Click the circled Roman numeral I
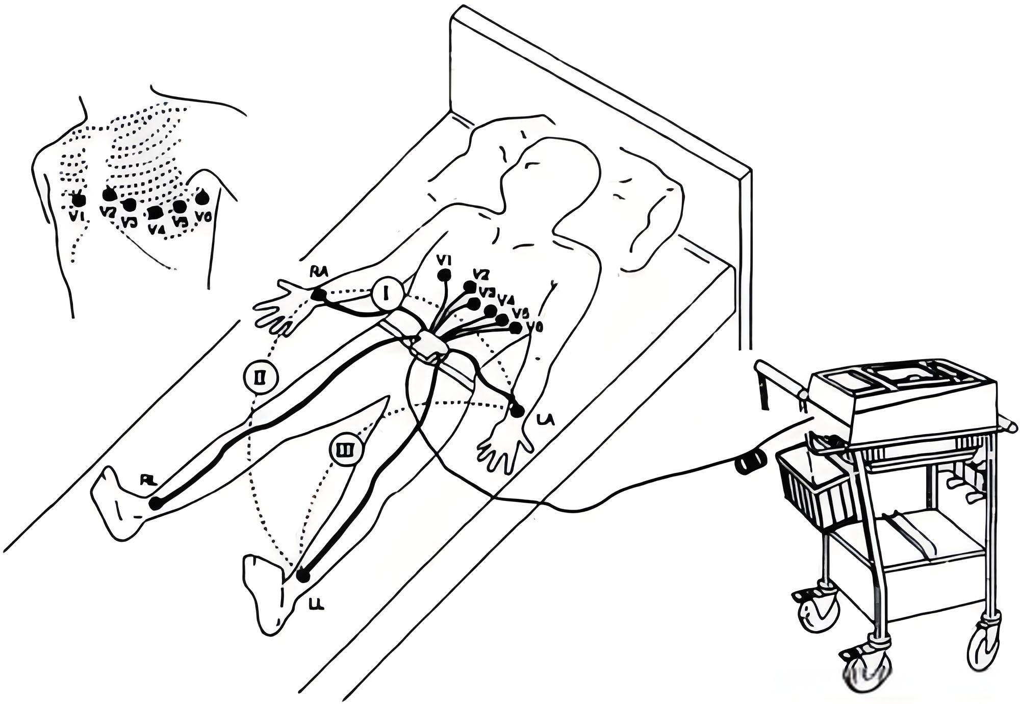point(387,294)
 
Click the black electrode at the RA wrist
point(318,294)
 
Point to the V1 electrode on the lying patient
point(445,275)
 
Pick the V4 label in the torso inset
point(156,229)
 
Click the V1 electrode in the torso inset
point(78,198)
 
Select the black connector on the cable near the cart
point(750,462)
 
